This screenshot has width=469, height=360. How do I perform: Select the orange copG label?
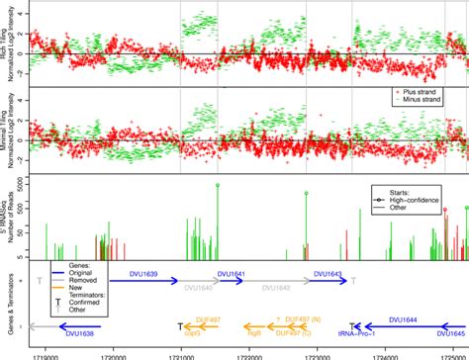(x=193, y=334)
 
